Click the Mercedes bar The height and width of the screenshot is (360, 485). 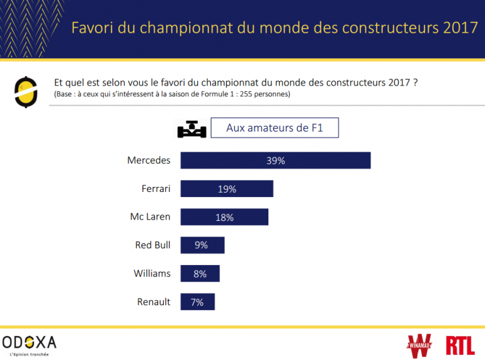[275, 160]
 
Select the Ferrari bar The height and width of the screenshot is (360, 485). [227, 189]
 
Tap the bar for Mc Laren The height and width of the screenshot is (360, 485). [224, 217]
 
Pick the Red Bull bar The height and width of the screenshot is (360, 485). [202, 245]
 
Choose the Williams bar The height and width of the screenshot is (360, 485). [200, 274]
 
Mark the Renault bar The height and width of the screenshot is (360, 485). [197, 302]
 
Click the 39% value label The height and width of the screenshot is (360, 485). [275, 160]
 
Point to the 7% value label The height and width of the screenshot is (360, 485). [197, 302]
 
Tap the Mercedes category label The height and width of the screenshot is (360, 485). [149, 160]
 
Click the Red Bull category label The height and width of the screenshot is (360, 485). [152, 245]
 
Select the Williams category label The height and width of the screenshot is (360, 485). [152, 274]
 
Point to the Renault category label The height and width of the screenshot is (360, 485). [154, 302]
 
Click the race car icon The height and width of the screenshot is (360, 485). [191, 128]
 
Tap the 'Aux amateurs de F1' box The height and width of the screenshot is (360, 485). [275, 128]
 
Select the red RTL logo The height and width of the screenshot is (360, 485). [460, 345]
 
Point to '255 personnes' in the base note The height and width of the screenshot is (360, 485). [266, 94]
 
